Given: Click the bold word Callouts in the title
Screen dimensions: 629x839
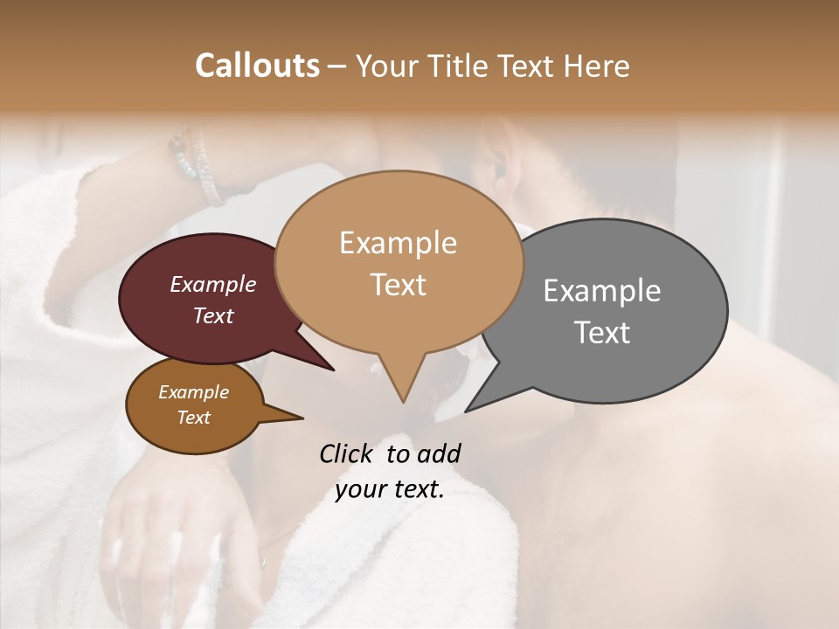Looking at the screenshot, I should (257, 66).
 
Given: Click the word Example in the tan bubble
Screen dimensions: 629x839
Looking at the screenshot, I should (398, 243).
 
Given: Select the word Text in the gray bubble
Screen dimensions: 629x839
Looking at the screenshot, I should (602, 332).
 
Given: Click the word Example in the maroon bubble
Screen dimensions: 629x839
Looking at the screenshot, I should (212, 284).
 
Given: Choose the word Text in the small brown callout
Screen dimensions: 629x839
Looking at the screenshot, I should (193, 418).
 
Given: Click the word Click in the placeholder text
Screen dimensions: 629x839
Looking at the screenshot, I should (347, 453).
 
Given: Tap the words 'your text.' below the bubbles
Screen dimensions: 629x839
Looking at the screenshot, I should (390, 489).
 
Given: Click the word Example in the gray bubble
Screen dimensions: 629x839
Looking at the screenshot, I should (602, 291).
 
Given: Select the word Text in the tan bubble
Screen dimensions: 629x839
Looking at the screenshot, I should (398, 284).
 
